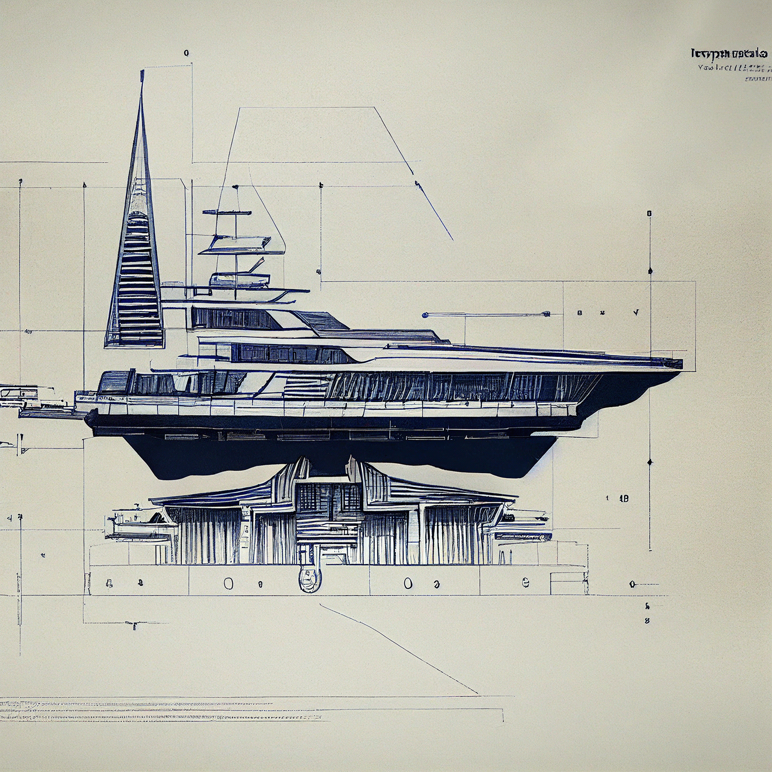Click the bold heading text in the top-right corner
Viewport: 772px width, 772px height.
pyautogui.click(x=728, y=53)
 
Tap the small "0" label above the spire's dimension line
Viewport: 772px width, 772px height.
pyautogui.click(x=186, y=53)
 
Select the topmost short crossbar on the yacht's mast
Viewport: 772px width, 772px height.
pyautogui.click(x=227, y=212)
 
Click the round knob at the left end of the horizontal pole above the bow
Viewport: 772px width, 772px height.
pyautogui.click(x=425, y=315)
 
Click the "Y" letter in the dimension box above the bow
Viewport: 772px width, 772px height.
pyautogui.click(x=636, y=313)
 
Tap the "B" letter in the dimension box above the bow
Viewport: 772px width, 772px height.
pyautogui.click(x=580, y=313)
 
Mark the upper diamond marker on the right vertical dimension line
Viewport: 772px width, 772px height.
pyautogui.click(x=650, y=271)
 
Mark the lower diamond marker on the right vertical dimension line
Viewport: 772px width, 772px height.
pyautogui.click(x=650, y=462)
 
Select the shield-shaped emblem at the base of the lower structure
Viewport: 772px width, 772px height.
pyautogui.click(x=309, y=579)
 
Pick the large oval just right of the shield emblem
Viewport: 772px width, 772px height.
pyautogui.click(x=408, y=583)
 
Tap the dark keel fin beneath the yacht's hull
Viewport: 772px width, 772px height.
pyautogui.click(x=331, y=458)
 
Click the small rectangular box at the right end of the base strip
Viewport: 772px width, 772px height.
pyautogui.click(x=569, y=583)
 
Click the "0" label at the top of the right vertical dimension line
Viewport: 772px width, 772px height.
pyautogui.click(x=649, y=213)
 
